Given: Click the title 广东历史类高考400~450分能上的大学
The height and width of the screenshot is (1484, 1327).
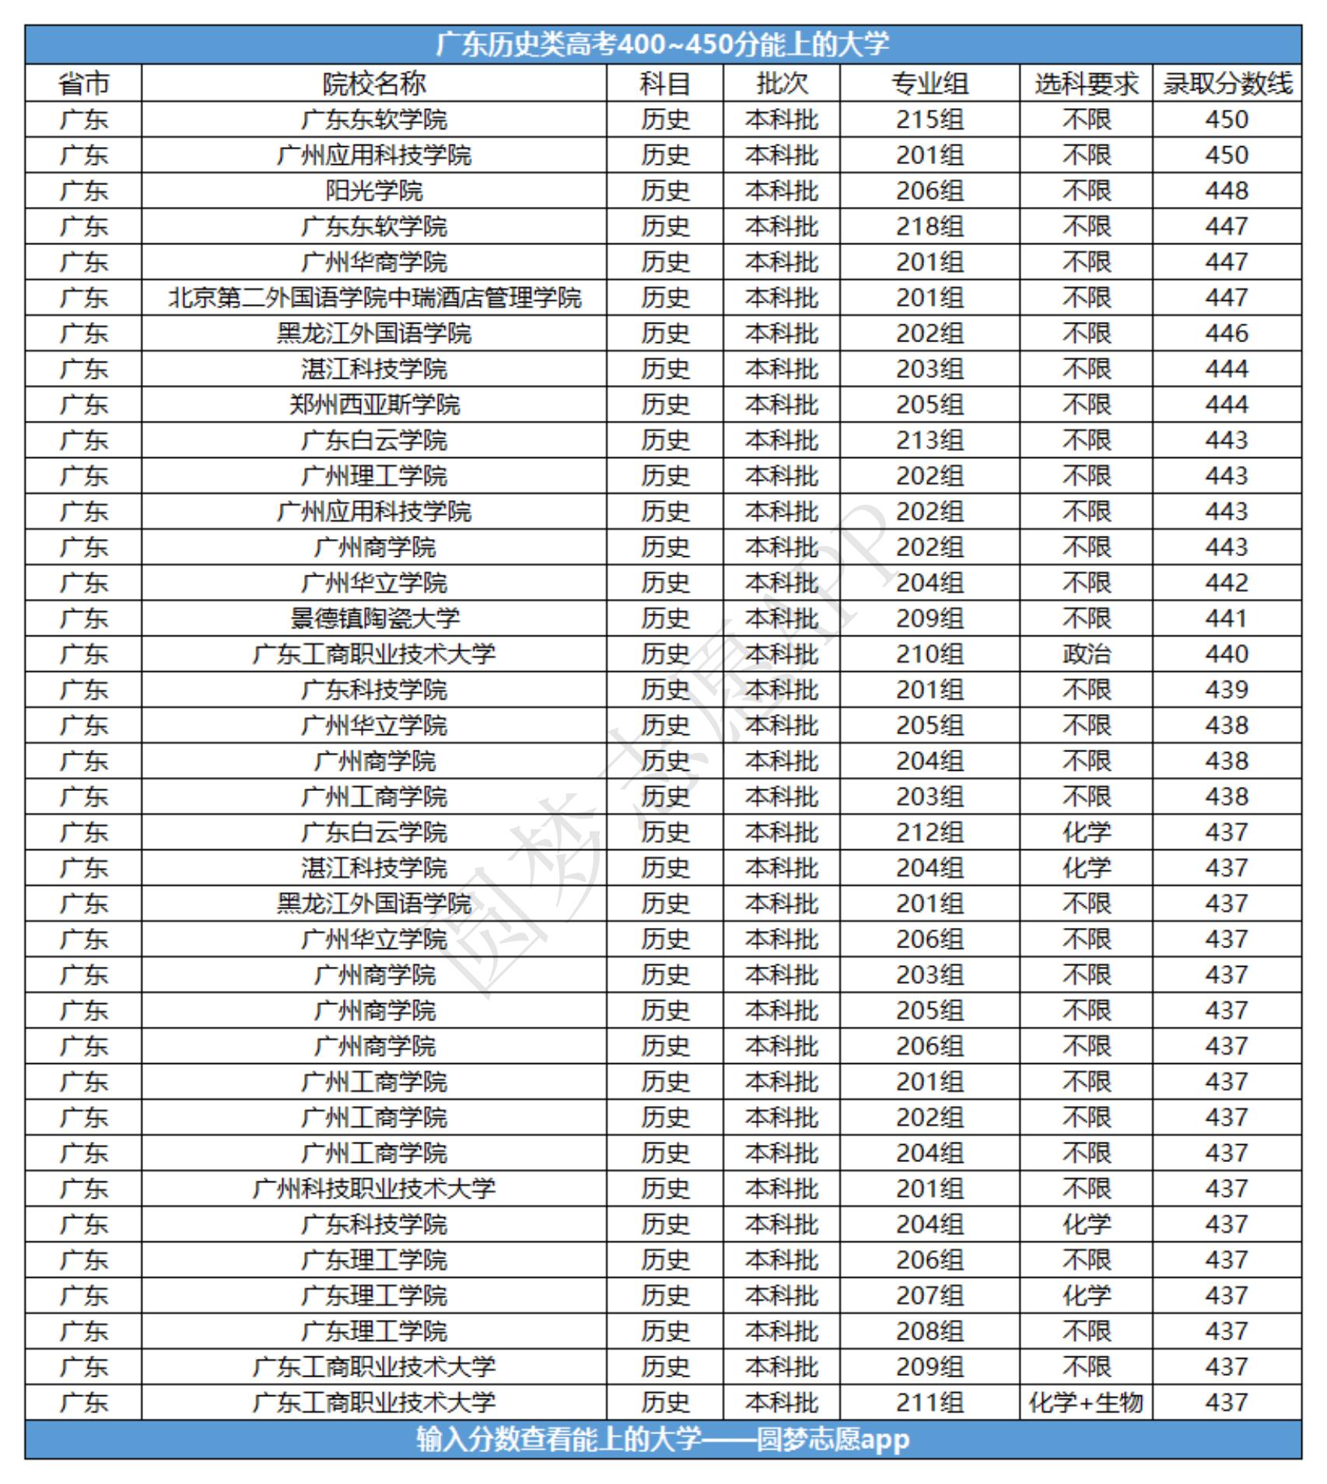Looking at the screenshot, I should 663,44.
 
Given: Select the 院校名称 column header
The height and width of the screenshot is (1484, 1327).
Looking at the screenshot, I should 374,83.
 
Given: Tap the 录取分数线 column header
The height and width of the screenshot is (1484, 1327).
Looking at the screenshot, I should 1227,83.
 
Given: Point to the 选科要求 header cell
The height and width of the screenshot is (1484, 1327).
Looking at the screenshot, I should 1086,83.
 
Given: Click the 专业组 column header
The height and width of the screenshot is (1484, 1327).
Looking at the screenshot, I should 930,83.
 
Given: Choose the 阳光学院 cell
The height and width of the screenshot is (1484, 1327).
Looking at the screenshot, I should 374,191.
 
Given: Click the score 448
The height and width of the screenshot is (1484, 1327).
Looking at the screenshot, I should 1227,191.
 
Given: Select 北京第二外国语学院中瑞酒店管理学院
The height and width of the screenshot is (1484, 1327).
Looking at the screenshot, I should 374,298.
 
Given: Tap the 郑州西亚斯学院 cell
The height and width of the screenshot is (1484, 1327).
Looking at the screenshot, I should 374,404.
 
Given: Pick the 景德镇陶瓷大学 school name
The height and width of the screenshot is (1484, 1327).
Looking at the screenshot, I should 374,618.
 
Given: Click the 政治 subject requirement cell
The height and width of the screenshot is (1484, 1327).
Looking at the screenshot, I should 1086,654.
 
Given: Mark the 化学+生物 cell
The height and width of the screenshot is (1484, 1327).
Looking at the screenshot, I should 1086,1402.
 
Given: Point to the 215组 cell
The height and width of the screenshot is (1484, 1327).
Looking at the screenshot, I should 930,120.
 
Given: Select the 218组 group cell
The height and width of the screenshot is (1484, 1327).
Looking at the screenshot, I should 930,226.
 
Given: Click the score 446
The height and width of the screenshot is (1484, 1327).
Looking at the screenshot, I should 1227,334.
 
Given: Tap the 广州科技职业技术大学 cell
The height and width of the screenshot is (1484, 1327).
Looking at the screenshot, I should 374,1188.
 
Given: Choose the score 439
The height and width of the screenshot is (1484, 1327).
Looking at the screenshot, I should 1227,690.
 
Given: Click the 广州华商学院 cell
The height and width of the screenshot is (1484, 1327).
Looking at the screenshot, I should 374,262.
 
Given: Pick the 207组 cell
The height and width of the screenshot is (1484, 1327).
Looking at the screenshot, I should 930,1296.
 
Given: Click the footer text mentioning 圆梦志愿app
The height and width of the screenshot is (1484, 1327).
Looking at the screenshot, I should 663,1440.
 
